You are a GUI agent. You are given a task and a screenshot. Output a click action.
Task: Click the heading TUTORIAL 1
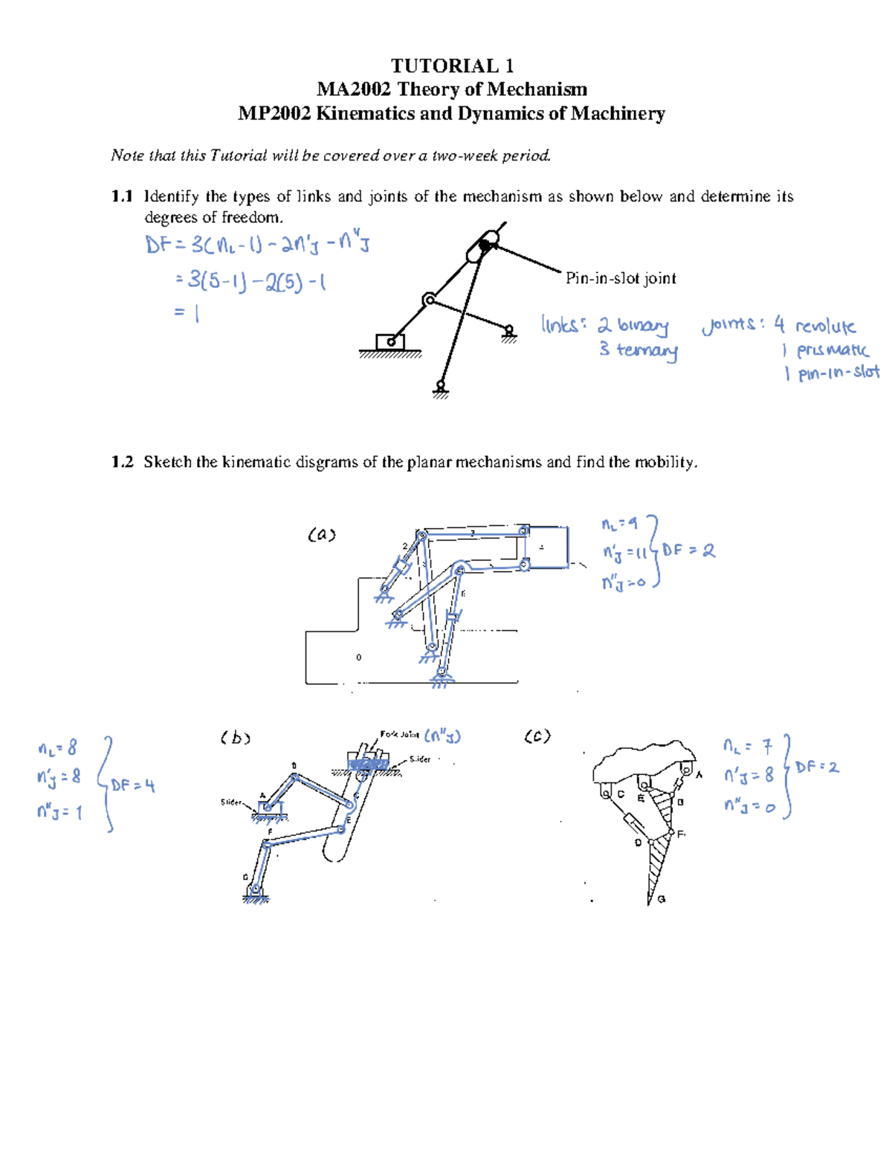pyautogui.click(x=452, y=65)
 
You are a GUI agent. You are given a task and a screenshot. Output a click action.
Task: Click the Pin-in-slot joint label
pyautogui.click(x=621, y=278)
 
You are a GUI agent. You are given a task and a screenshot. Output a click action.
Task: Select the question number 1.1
pyautogui.click(x=121, y=196)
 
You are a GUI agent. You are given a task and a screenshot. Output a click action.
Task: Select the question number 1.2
pyautogui.click(x=121, y=462)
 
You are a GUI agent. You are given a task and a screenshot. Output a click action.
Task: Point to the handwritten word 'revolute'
pyautogui.click(x=825, y=326)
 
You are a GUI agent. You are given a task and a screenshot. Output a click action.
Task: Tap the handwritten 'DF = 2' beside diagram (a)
pyautogui.click(x=688, y=550)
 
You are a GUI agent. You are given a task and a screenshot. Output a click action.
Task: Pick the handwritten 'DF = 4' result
pyautogui.click(x=133, y=785)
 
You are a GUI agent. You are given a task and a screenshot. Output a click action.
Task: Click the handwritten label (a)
pyautogui.click(x=322, y=534)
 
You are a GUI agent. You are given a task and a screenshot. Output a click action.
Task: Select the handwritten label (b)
pyautogui.click(x=235, y=738)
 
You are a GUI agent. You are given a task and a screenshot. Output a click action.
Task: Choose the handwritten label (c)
pyautogui.click(x=537, y=736)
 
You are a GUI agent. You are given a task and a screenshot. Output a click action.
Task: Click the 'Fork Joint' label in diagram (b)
pyautogui.click(x=399, y=734)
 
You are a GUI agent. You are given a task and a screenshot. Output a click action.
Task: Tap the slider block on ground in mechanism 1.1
pyautogui.click(x=390, y=342)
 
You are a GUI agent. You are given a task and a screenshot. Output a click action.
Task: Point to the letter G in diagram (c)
pyautogui.click(x=662, y=899)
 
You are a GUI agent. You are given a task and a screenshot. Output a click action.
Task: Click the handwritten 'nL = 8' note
pyautogui.click(x=57, y=747)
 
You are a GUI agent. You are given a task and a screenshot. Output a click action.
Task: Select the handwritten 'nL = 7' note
pyautogui.click(x=748, y=745)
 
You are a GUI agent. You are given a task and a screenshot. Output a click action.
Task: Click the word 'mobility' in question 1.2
pyautogui.click(x=665, y=462)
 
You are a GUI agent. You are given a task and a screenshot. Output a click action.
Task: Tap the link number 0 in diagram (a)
pyautogui.click(x=359, y=657)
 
